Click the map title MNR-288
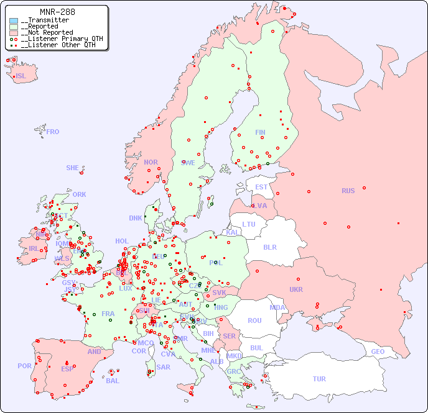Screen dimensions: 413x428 point(57,12)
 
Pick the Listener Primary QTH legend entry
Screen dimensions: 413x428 point(61,39)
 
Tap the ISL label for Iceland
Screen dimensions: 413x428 point(21,76)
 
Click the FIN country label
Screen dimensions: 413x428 point(260,132)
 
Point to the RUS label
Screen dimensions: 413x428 point(348,191)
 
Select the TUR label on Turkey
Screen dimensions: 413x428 point(319,379)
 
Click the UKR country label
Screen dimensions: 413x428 point(296,289)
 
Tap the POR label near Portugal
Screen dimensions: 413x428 point(24,366)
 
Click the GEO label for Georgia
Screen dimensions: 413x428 point(378,352)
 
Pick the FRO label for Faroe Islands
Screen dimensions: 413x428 point(53,132)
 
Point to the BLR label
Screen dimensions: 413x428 point(269,247)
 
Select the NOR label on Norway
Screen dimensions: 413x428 point(151,162)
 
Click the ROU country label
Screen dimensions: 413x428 point(254,320)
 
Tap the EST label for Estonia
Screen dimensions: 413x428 point(261,187)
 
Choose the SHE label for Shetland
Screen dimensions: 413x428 point(73,168)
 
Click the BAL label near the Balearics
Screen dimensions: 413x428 point(112,381)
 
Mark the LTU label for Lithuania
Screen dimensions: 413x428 point(249,224)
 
